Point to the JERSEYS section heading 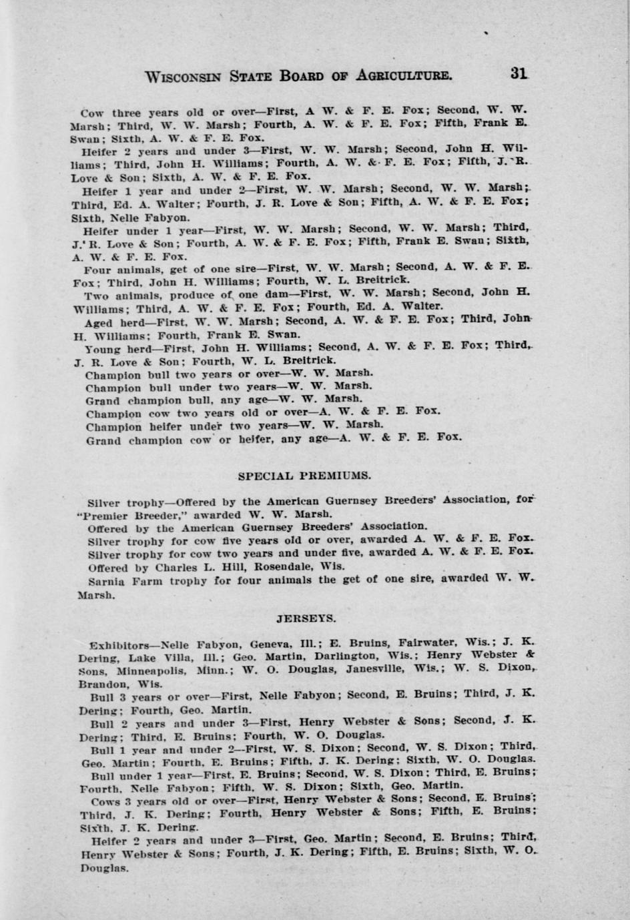(305, 618)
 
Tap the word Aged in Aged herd (98, 322)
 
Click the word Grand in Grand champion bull (103, 401)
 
